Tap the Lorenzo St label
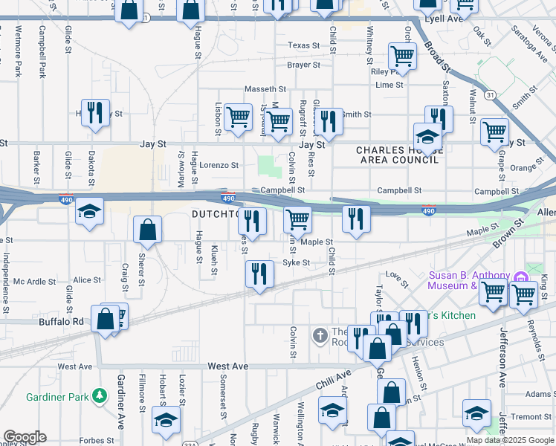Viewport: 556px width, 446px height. (220, 165)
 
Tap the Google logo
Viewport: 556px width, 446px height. (25, 437)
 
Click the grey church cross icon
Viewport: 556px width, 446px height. (320, 336)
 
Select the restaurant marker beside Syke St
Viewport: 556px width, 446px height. (259, 274)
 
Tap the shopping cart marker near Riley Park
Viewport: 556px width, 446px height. (402, 55)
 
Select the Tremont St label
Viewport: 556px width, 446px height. (531, 416)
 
